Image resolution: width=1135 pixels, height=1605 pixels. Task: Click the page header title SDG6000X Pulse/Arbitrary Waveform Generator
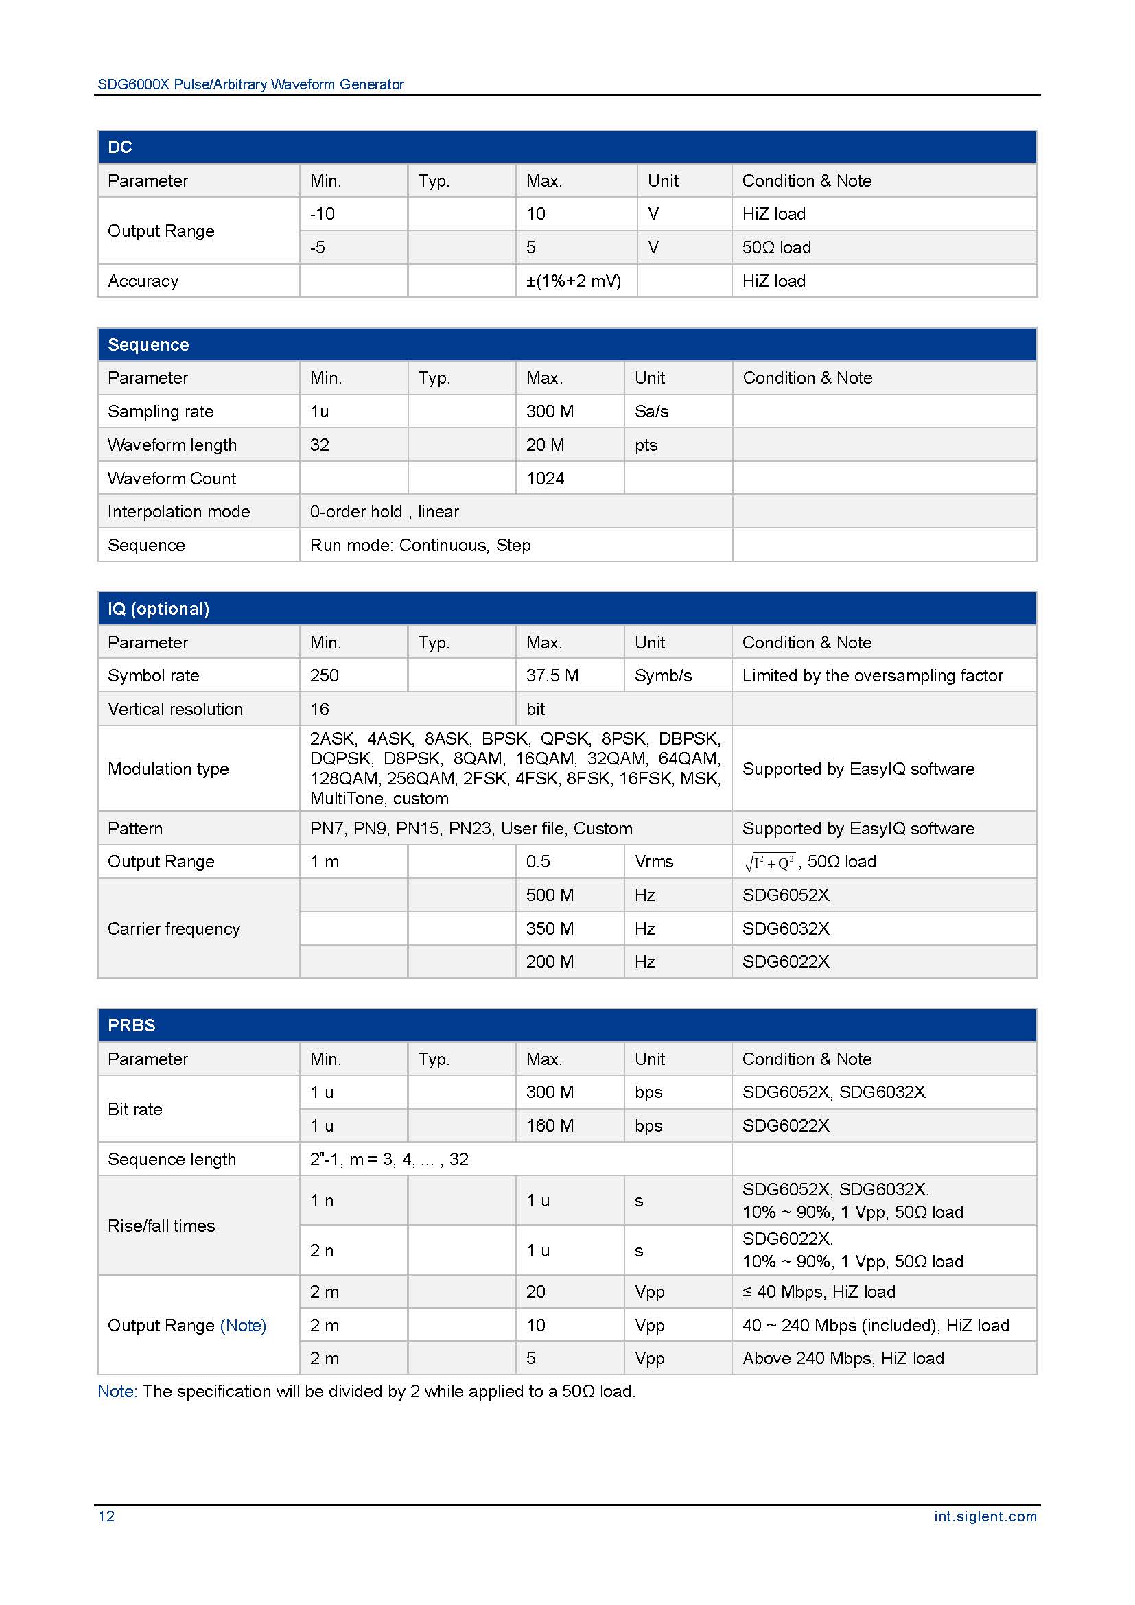(x=250, y=84)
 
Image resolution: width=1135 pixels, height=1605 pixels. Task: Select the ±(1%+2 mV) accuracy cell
(x=573, y=281)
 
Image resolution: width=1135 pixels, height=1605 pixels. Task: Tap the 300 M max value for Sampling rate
(x=550, y=412)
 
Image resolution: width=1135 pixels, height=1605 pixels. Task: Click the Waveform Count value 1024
(x=544, y=479)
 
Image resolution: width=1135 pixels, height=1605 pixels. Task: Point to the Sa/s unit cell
(x=651, y=412)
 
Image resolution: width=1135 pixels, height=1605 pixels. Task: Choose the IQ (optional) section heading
(x=158, y=609)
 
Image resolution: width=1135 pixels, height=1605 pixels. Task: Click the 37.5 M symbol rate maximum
(x=552, y=676)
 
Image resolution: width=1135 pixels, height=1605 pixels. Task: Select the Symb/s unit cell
(x=663, y=676)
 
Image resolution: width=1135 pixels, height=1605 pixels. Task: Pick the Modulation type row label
(x=167, y=769)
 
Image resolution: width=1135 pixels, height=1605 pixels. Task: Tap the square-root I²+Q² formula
(x=769, y=863)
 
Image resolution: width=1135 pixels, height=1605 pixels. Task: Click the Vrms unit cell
(x=653, y=862)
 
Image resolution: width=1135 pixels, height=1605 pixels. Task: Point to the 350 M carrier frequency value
(x=550, y=929)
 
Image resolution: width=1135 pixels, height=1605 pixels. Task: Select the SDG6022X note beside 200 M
(x=785, y=962)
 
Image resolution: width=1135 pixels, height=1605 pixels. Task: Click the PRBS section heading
(x=131, y=1025)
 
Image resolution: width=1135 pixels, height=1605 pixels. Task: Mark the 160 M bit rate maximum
(x=550, y=1126)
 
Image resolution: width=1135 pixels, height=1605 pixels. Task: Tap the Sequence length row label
(x=172, y=1160)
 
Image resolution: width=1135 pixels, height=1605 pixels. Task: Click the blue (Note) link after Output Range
(x=242, y=1326)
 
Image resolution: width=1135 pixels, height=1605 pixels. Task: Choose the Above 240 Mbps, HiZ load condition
(x=842, y=1358)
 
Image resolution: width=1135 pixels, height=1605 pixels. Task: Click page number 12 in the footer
(x=106, y=1516)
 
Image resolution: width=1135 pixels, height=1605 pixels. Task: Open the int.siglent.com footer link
(x=985, y=1516)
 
